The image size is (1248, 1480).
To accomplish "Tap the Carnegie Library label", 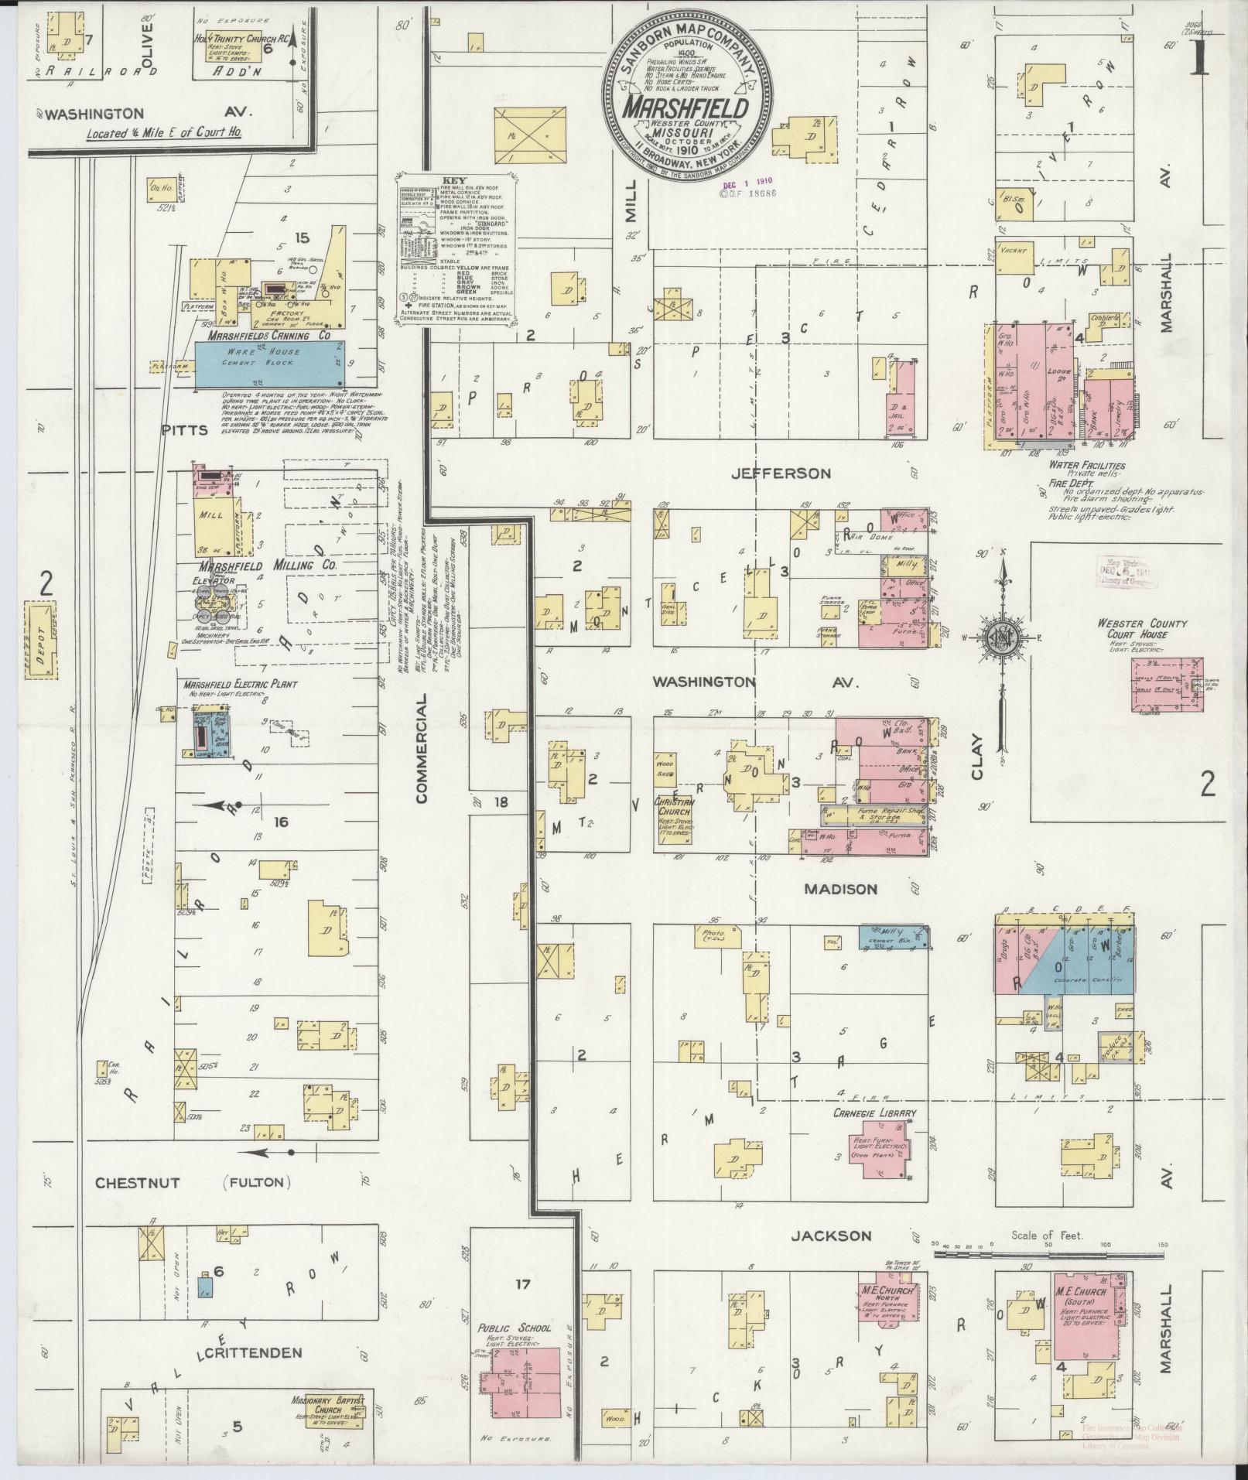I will point(874,1113).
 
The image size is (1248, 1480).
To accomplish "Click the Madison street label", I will point(840,889).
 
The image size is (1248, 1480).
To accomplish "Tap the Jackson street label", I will point(831,1236).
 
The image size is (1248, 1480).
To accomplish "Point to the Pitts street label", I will point(184,429).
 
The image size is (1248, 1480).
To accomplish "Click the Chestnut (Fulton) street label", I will point(191,1205).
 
